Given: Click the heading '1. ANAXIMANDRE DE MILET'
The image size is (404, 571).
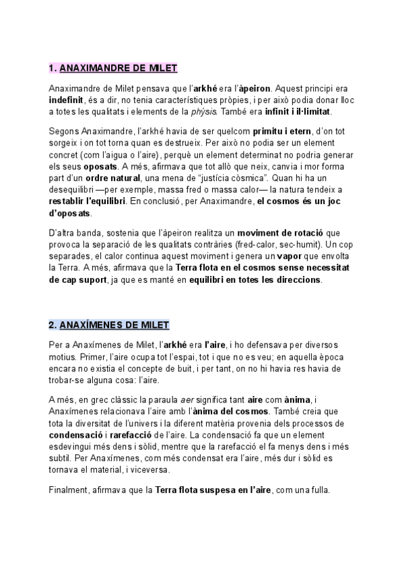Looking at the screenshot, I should point(113,69).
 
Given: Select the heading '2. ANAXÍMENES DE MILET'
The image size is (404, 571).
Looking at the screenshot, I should point(109,325).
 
